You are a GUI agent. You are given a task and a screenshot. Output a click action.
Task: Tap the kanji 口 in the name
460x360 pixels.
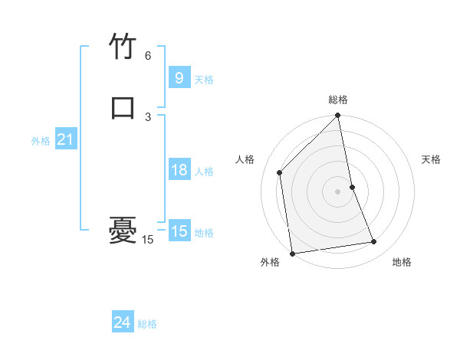[123, 106]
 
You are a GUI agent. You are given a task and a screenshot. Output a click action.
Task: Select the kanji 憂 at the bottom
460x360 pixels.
[123, 229]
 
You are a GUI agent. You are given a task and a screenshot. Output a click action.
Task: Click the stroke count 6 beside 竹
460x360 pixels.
[148, 56]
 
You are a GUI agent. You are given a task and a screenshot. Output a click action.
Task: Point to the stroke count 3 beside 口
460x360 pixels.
[148, 116]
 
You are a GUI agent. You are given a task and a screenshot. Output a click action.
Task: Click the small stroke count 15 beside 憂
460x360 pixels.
[147, 240]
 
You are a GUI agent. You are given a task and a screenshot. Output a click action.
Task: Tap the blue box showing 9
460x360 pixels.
[179, 78]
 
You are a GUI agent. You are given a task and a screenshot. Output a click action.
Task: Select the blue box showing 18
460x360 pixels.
[179, 170]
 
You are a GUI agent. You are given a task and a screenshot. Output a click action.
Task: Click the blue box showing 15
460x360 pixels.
[179, 231]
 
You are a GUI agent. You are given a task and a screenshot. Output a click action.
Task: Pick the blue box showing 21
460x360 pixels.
[65, 140]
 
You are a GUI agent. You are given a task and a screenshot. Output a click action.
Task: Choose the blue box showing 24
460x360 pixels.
[122, 323]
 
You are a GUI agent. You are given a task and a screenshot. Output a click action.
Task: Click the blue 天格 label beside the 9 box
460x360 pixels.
[204, 80]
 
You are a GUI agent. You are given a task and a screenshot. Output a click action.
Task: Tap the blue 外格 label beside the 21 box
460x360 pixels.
[41, 141]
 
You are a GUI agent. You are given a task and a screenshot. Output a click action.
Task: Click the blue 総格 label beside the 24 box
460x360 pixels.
[147, 325]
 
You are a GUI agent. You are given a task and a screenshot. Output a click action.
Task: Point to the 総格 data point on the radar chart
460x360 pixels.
[338, 116]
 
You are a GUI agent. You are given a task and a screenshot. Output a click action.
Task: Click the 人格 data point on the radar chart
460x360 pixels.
[280, 172]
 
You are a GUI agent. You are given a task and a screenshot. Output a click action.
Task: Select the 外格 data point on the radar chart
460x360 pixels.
[292, 253]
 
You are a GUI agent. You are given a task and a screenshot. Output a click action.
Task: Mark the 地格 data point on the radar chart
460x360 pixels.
[374, 242]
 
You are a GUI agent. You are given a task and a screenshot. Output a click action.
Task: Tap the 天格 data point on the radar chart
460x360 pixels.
[353, 187]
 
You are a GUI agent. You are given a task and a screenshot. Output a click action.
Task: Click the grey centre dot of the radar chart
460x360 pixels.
[338, 191]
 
